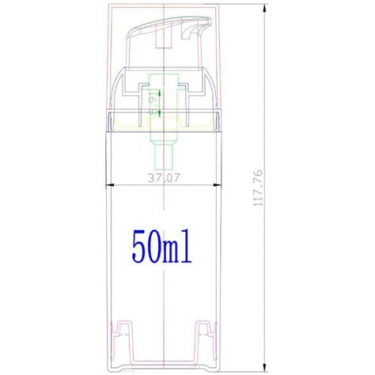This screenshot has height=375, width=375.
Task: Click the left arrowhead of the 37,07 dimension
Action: click(111, 186)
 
